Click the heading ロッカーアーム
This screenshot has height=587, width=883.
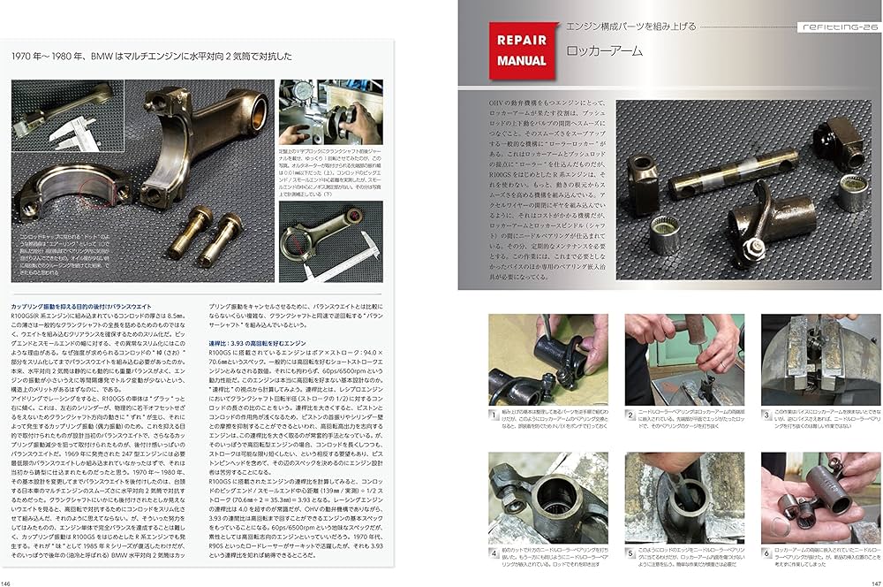tap(605, 51)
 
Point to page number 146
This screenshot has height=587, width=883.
tap(8, 582)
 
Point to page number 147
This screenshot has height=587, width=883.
tap(875, 582)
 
